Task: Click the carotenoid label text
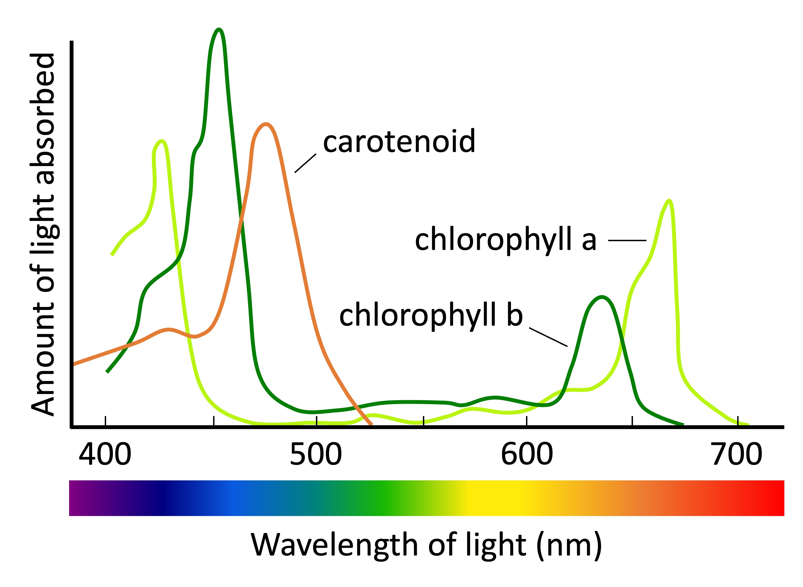[x=399, y=142]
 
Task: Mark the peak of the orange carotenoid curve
[x=265, y=124]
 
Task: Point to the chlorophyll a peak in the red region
[x=669, y=201]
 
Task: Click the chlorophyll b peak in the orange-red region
[x=601, y=297]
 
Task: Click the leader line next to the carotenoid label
[x=305, y=163]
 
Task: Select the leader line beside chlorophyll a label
[x=627, y=241]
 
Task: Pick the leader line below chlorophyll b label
[x=548, y=337]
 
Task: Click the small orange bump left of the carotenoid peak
[x=169, y=329]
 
